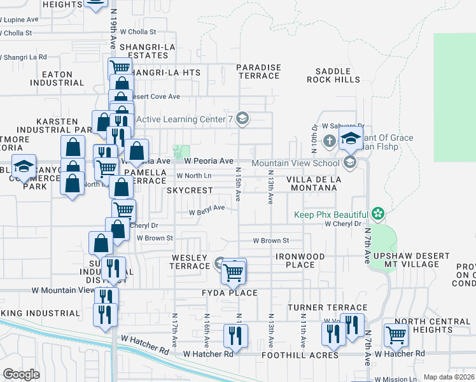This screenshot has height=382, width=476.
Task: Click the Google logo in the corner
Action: (x=22, y=374)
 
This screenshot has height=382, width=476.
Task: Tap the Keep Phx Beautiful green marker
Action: (x=379, y=214)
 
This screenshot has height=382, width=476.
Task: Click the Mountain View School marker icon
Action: (x=349, y=163)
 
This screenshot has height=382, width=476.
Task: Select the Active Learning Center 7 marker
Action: (x=241, y=118)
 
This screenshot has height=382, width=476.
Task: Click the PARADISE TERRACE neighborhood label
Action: (x=258, y=71)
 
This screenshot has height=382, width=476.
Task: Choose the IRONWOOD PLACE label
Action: (x=300, y=260)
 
